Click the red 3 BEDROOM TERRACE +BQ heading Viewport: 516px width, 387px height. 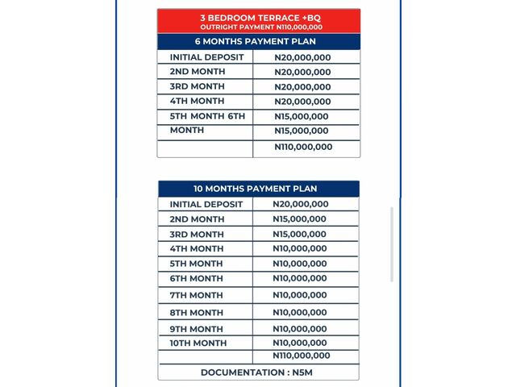tap(258, 17)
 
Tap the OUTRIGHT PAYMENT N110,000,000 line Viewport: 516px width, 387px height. tap(258, 27)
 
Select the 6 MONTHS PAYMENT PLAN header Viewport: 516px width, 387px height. tap(258, 42)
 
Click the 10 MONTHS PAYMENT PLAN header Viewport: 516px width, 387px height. tap(258, 189)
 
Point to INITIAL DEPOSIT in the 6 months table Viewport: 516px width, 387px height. tap(206, 58)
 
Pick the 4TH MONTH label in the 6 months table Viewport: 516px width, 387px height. tap(197, 102)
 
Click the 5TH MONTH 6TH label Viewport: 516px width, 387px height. tap(206, 116)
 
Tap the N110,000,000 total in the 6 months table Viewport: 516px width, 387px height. tap(303, 147)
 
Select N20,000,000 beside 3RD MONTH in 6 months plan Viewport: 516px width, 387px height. tap(302, 87)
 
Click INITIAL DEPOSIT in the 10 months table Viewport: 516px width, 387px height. tap(206, 205)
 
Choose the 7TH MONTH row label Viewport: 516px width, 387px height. tap(196, 295)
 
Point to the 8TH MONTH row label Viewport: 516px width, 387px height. tap(196, 312)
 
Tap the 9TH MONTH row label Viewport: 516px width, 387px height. tap(196, 329)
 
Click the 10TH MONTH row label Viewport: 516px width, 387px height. tap(198, 343)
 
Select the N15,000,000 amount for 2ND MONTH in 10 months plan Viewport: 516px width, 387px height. tap(300, 219)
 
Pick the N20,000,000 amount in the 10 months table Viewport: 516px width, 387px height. tap(301, 205)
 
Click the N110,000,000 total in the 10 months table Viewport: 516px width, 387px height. tap(301, 356)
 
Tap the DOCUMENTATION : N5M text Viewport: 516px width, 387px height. tap(258, 372)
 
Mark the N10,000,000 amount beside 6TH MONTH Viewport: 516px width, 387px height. tap(300, 279)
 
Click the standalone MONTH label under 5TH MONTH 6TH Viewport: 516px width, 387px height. tap(186, 130)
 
